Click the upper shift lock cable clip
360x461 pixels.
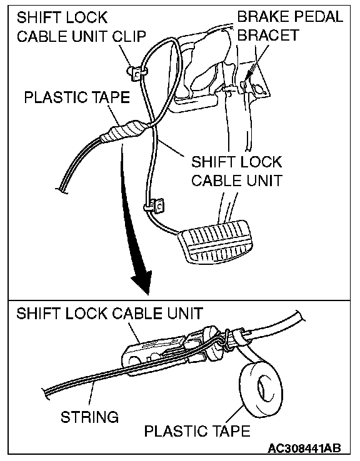[136, 73]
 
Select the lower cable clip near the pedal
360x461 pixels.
[154, 206]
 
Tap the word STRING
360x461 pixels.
[89, 417]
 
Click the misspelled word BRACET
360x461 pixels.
[268, 35]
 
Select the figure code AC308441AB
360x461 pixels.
[304, 448]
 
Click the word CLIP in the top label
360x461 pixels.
[130, 36]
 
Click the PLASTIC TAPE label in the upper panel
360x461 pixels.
[77, 97]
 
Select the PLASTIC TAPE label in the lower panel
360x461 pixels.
[197, 431]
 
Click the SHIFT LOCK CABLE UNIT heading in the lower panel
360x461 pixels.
[110, 314]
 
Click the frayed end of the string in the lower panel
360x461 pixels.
[47, 394]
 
